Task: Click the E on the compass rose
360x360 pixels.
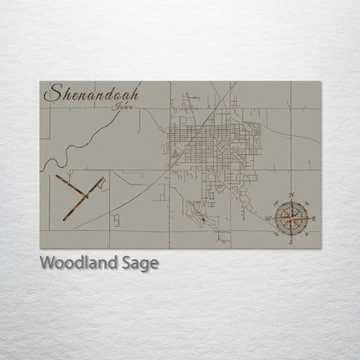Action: (313, 219)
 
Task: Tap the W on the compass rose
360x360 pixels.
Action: (268, 219)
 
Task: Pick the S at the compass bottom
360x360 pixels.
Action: (292, 243)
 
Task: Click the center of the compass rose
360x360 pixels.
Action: (292, 218)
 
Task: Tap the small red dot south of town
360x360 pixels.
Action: (202, 219)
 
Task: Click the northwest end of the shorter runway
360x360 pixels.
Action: (55, 177)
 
